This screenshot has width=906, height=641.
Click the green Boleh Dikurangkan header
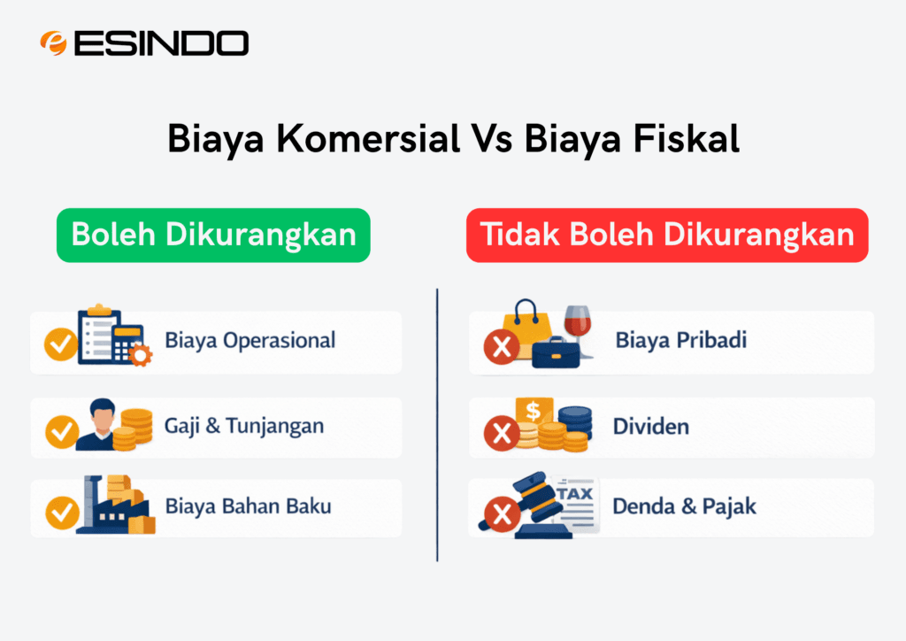coord(213,235)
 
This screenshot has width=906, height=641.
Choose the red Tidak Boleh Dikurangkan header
coord(667,235)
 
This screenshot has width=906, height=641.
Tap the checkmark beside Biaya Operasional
coord(61,344)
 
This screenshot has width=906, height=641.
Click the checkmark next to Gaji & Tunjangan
coord(61,431)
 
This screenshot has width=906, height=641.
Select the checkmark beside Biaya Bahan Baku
coord(61,511)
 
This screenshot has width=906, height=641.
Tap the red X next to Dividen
coord(502,433)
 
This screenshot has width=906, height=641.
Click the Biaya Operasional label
coord(250,340)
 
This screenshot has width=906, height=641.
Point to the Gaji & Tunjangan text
coord(244,426)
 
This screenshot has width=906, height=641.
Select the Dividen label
coord(650,427)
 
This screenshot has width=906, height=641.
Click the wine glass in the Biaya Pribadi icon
coord(578,328)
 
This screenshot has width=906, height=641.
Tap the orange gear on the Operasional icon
coord(139,355)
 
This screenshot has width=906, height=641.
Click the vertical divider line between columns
coord(437,425)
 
